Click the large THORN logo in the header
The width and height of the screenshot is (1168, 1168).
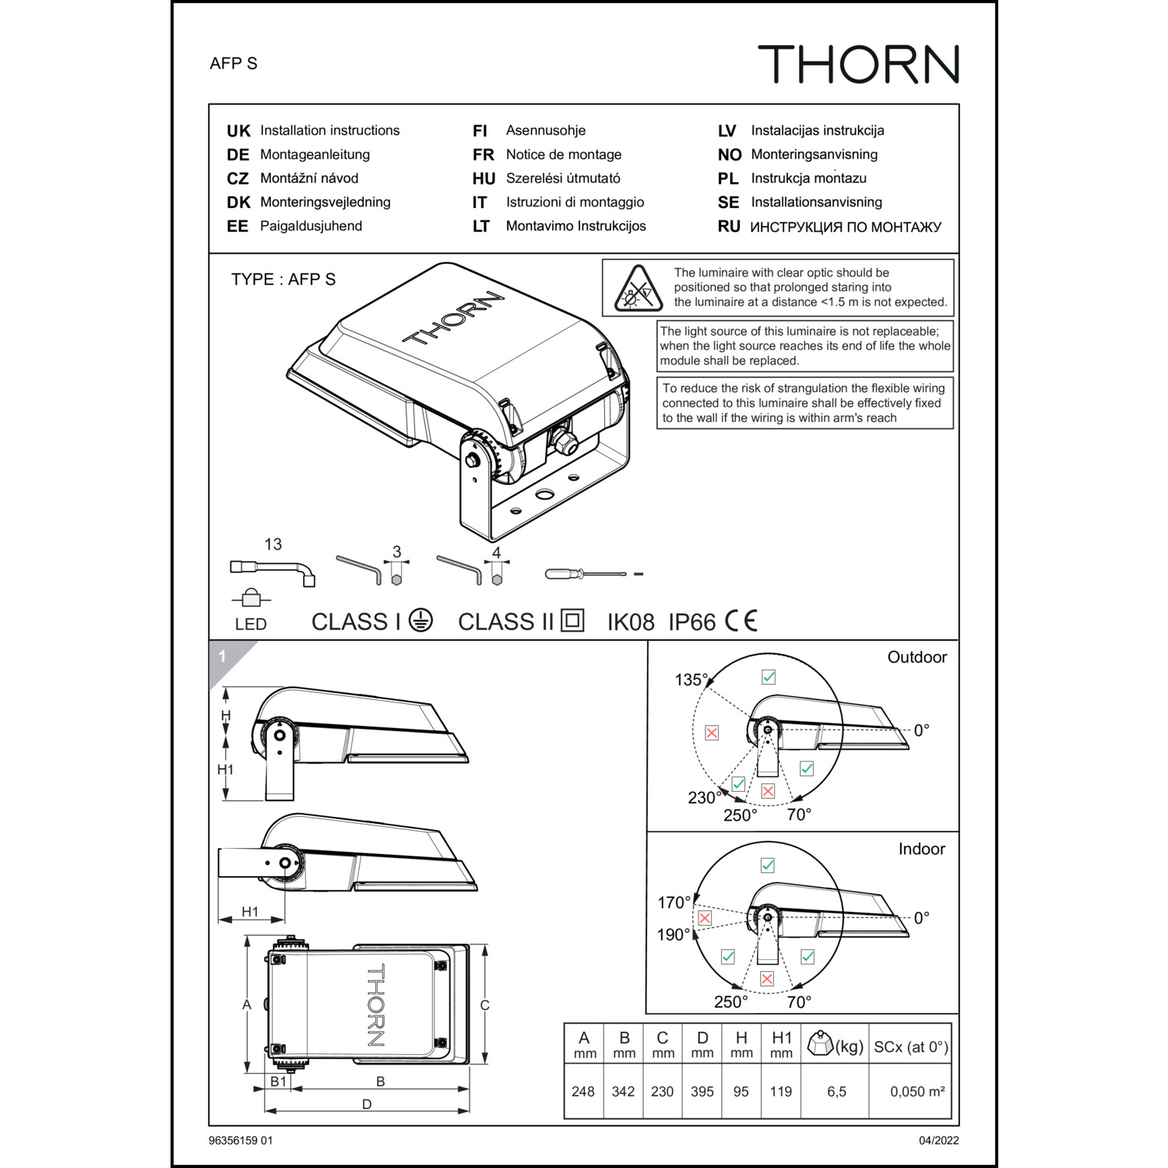click(858, 64)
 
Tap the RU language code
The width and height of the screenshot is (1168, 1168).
click(729, 227)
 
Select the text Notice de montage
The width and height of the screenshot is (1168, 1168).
click(564, 155)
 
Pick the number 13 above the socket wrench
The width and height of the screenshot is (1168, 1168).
click(273, 544)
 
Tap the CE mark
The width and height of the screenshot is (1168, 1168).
click(741, 621)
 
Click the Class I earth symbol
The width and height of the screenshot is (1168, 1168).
click(420, 621)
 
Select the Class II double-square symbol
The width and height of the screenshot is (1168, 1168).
click(572, 621)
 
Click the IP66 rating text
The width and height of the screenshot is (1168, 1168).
click(691, 622)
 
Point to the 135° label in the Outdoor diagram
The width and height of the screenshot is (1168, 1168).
click(691, 680)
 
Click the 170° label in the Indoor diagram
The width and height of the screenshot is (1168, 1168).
click(674, 902)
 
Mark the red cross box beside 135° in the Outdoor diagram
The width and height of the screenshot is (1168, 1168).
click(712, 733)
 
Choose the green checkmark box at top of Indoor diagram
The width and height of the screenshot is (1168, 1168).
click(768, 865)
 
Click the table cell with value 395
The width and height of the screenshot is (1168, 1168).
click(702, 1092)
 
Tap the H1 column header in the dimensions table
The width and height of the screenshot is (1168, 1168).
click(781, 1044)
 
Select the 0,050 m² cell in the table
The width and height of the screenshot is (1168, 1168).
click(917, 1092)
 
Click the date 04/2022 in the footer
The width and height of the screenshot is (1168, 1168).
click(938, 1141)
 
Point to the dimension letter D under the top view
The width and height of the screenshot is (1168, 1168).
click(367, 1104)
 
